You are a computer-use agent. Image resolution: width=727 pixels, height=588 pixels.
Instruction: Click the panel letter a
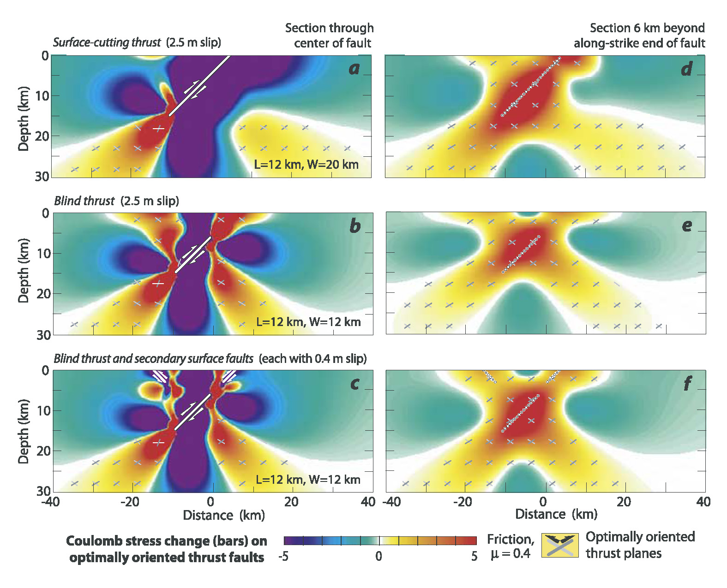pyautogui.click(x=354, y=68)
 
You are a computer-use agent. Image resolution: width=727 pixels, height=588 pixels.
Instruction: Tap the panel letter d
pyautogui.click(x=687, y=69)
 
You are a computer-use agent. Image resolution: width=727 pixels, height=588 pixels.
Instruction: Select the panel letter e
pyautogui.click(x=687, y=226)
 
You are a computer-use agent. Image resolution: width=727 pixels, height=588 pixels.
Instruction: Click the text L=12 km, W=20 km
pyautogui.click(x=306, y=164)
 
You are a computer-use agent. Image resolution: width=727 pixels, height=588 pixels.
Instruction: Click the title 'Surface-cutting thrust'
pyautogui.click(x=107, y=42)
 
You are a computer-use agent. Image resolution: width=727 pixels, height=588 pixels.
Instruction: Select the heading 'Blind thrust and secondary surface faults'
pyautogui.click(x=153, y=358)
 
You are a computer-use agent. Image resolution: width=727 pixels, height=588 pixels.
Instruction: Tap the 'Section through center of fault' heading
pyautogui.click(x=329, y=36)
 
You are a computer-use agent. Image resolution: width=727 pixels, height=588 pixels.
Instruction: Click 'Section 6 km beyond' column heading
pyautogui.click(x=647, y=28)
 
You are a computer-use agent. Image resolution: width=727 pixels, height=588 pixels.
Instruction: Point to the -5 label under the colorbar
pyautogui.click(x=283, y=556)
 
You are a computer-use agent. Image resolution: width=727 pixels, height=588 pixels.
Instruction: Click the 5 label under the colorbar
pyautogui.click(x=474, y=556)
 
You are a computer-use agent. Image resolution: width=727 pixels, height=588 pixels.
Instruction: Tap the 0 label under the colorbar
pyautogui.click(x=379, y=556)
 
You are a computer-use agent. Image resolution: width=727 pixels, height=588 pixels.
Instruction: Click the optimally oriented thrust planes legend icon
pyautogui.click(x=560, y=546)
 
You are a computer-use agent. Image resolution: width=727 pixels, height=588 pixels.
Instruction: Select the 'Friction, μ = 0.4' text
pyautogui.click(x=511, y=546)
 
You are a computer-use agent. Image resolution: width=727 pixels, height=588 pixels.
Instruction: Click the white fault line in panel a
pyautogui.click(x=199, y=85)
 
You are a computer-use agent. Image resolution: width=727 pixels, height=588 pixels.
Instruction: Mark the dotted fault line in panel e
pyautogui.click(x=521, y=254)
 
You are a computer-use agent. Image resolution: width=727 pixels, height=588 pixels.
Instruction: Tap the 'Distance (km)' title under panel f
pyautogui.click(x=556, y=514)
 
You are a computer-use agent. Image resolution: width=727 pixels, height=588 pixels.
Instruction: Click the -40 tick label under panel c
pyautogui.click(x=51, y=502)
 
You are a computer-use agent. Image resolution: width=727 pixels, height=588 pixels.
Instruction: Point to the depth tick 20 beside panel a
pyautogui.click(x=43, y=136)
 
